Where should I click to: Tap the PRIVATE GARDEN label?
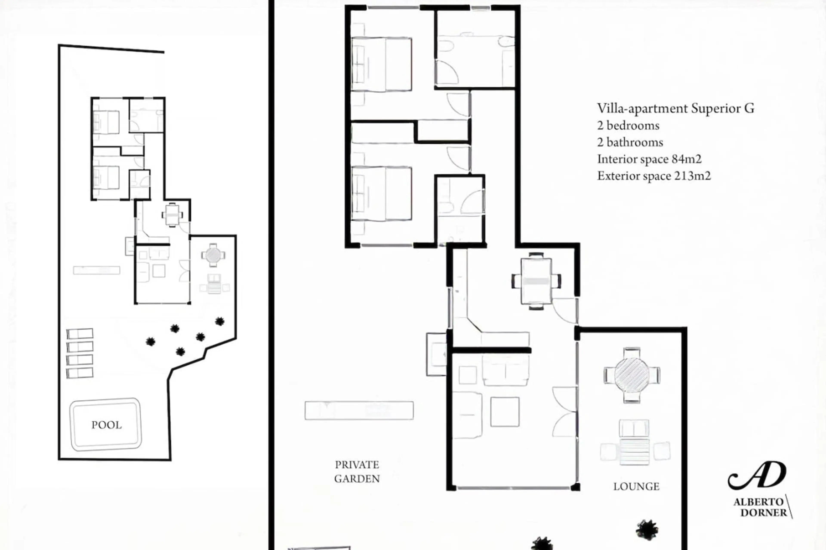point(357,472)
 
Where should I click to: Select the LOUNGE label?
point(636,487)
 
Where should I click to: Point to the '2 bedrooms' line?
point(628,126)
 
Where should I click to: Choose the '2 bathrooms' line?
point(630,142)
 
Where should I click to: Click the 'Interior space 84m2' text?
point(649,159)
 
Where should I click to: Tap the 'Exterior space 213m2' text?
point(654,176)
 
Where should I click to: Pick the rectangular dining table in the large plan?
point(536,281)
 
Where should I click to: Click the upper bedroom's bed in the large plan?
point(382,64)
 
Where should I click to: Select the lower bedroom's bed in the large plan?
point(382,194)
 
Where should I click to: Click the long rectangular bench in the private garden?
point(359,410)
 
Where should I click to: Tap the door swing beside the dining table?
point(564,310)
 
